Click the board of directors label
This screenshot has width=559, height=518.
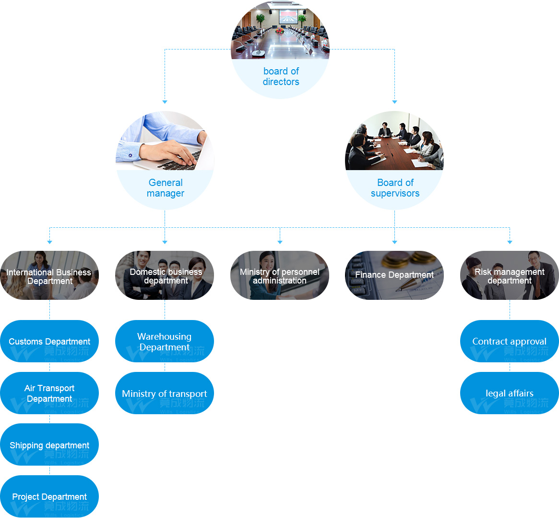coord(281,76)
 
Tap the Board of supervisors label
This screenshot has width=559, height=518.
coord(395,188)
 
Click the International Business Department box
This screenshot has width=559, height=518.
coord(49,275)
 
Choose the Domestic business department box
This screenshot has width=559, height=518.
coord(165,275)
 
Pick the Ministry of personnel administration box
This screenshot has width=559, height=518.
coord(280,275)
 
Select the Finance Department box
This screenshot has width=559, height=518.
coord(394,275)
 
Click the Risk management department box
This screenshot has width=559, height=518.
coord(510,275)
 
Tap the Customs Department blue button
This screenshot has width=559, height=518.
coord(49,341)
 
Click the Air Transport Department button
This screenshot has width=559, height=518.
coord(49,393)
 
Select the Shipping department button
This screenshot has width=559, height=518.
coord(49,445)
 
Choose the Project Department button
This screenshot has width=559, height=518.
coord(49,496)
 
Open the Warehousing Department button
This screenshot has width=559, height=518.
coord(165,341)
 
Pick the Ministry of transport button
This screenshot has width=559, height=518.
coord(165,393)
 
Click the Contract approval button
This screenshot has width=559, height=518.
coord(510,341)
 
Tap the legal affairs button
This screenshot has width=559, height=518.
coord(510,393)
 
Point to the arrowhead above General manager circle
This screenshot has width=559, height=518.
coord(165,102)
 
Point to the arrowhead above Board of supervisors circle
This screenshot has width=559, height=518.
coord(394,102)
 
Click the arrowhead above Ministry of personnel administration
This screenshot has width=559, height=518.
coord(280,242)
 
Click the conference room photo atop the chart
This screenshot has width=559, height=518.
coord(280,31)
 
